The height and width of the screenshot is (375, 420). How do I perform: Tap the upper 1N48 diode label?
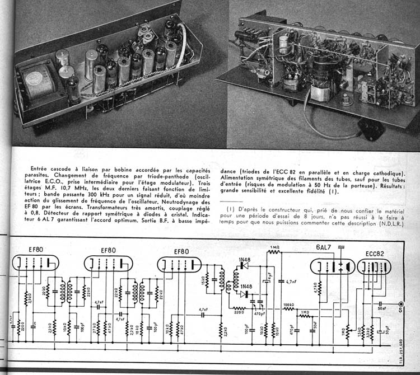(x=244, y=259)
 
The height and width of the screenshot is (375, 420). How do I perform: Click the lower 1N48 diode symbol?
(x=244, y=294)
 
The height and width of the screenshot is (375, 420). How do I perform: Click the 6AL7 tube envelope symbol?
(x=332, y=266)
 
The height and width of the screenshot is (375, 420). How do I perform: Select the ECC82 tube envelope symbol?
(x=375, y=266)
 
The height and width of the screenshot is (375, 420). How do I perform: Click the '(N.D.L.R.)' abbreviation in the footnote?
(x=388, y=223)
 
